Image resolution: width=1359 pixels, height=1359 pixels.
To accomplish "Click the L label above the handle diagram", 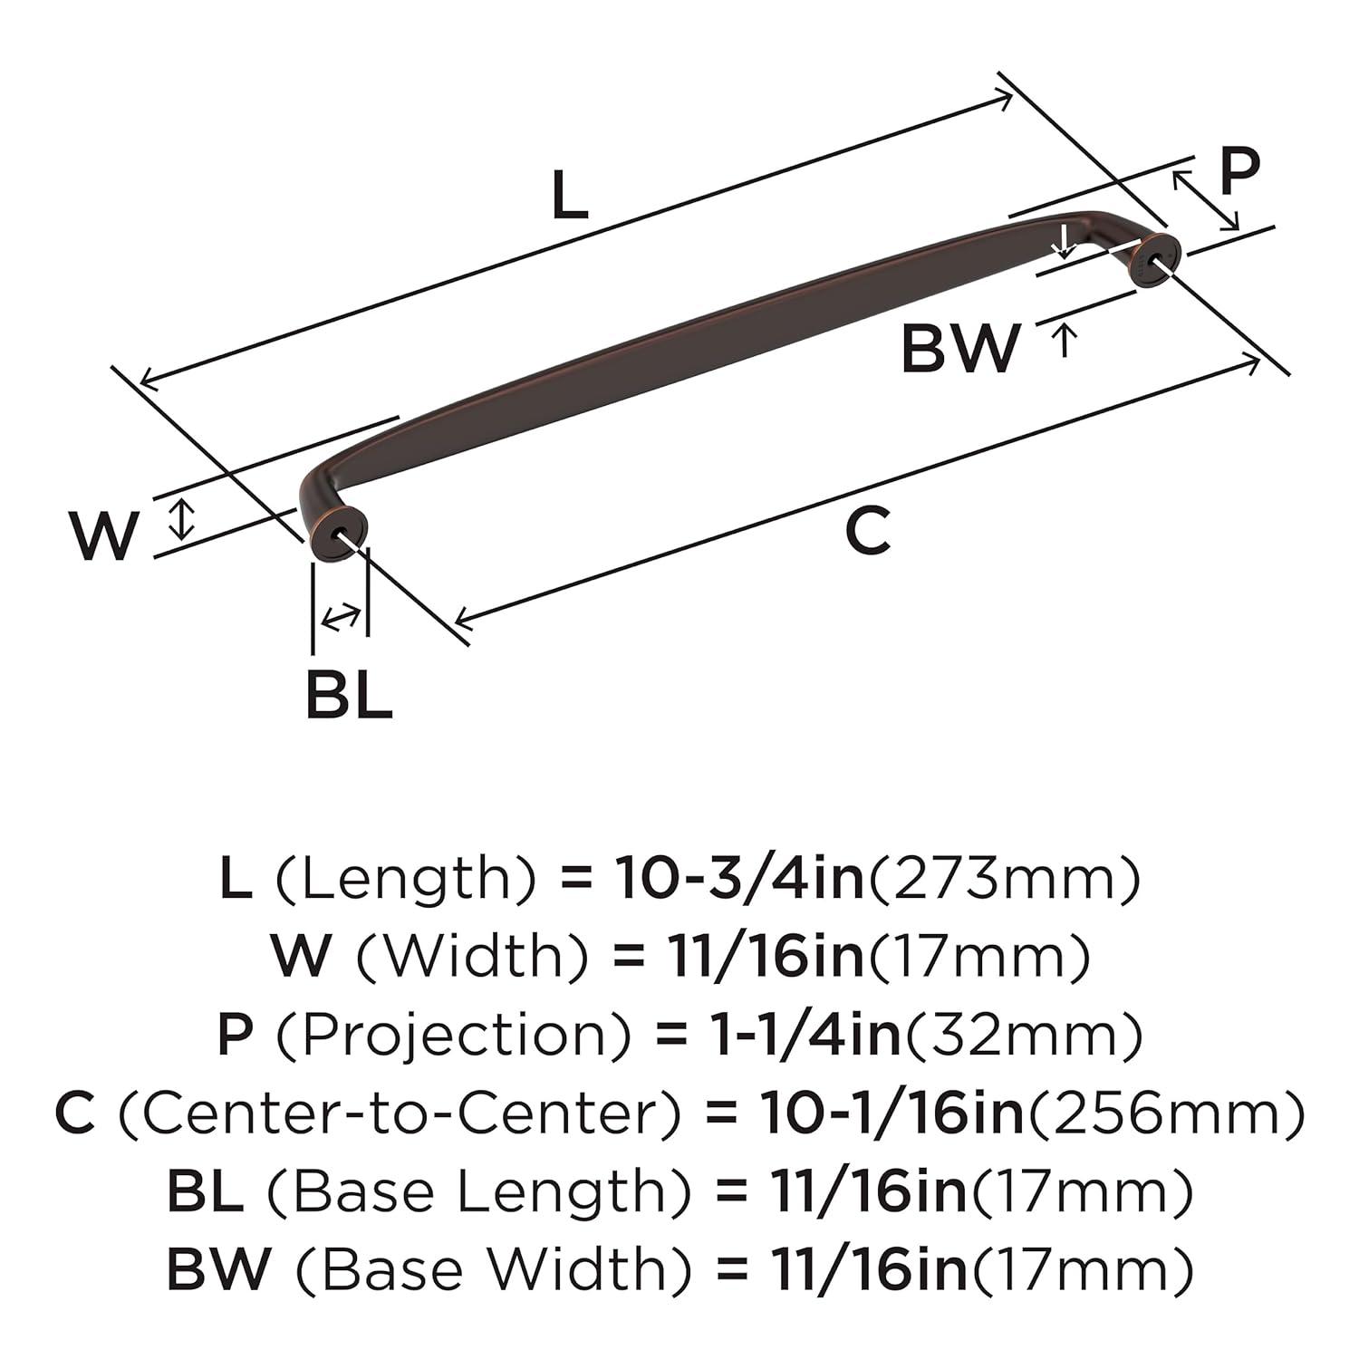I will [570, 198].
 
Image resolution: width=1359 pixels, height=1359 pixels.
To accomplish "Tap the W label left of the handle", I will [105, 535].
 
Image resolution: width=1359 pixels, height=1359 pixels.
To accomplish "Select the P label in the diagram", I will [1239, 173].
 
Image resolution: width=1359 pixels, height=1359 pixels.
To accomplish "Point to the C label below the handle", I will [867, 532].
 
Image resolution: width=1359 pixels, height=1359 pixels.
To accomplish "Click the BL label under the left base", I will [349, 695].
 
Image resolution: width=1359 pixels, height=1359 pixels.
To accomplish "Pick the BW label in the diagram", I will [959, 348].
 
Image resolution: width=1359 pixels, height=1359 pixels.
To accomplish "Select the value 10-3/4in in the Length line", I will [739, 878].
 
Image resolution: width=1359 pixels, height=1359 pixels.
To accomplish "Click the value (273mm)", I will [1003, 878].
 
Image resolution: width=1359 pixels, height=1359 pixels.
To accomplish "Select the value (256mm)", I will [1165, 1113].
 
